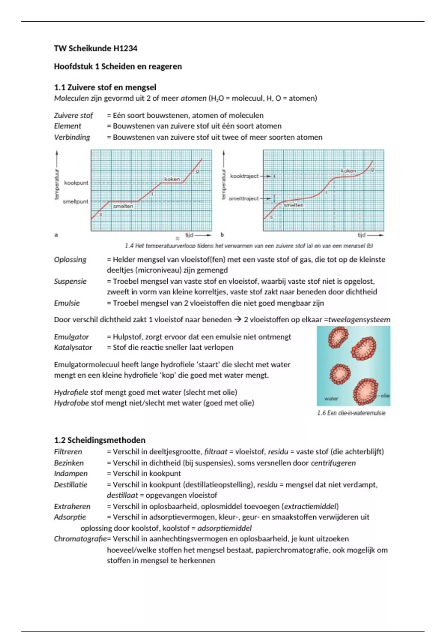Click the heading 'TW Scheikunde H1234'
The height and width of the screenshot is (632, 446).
[96, 48]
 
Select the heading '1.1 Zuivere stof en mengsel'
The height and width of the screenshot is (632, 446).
[105, 87]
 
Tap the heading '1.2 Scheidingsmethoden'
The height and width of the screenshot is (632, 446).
[100, 440]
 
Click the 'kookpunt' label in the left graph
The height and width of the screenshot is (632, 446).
[76, 183]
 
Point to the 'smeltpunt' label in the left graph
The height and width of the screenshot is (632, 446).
[75, 201]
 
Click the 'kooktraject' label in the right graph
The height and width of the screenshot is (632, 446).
[244, 176]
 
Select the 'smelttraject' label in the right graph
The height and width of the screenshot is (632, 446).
[243, 199]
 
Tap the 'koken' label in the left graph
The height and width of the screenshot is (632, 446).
[172, 179]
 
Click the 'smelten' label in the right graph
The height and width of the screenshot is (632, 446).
[294, 205]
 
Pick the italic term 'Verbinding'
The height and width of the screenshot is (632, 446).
[72, 137]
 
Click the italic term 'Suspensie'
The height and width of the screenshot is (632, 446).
[70, 281]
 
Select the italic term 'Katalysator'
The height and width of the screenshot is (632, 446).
[73, 347]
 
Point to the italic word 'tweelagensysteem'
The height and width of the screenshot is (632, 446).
[359, 319]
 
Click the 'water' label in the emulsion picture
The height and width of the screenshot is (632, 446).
[331, 399]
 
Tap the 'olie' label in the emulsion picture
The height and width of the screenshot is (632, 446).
[385, 396]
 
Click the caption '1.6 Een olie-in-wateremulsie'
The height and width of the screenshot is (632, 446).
[351, 413]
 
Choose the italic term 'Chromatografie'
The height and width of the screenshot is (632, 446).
[80, 539]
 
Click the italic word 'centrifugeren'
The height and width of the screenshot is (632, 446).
[333, 463]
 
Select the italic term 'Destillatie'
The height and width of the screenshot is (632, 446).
[71, 484]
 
